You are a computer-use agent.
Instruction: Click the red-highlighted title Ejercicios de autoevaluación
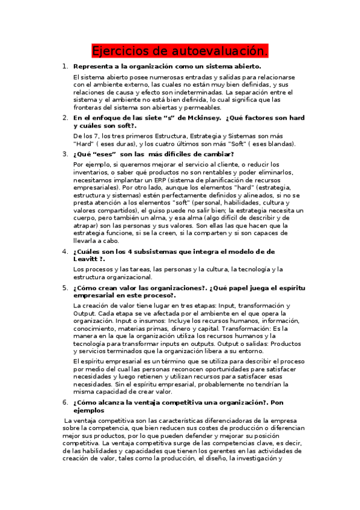point(180,50)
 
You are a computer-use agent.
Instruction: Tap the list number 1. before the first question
point(65,66)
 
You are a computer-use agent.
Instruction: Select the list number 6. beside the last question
point(65,401)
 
